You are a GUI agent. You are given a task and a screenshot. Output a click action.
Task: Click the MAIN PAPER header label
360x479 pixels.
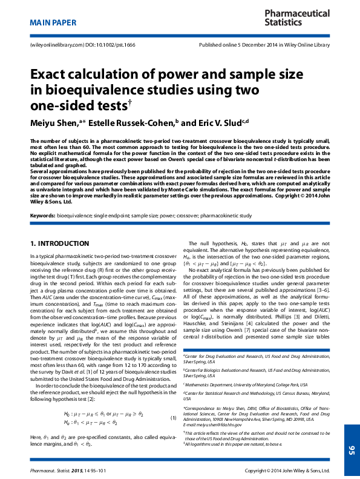pos(53,22)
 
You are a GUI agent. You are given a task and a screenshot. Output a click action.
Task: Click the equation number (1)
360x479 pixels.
pos(173,418)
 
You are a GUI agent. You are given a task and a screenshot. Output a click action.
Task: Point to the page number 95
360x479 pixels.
pos(352,415)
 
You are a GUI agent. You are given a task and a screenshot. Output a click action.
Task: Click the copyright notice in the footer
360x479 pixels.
pos(286,470)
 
